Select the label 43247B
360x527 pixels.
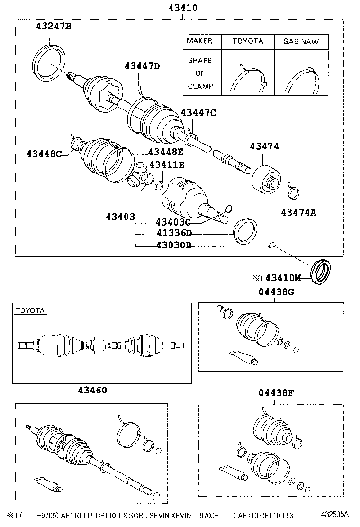[x=54, y=27]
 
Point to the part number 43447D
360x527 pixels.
[x=142, y=66]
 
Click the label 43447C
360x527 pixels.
[x=198, y=112]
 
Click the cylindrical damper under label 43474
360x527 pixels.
[x=266, y=179]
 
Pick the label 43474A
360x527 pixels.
[x=298, y=212]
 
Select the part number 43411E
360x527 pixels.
[x=167, y=164]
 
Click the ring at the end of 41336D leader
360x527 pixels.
[x=246, y=231]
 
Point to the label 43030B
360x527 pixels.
[x=173, y=245]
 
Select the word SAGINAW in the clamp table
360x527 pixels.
[x=301, y=41]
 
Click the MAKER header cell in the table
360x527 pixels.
[x=199, y=41]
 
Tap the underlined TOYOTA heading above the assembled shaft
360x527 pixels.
[x=30, y=310]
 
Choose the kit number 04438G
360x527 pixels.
[x=276, y=292]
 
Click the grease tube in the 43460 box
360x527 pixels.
[x=48, y=484]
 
